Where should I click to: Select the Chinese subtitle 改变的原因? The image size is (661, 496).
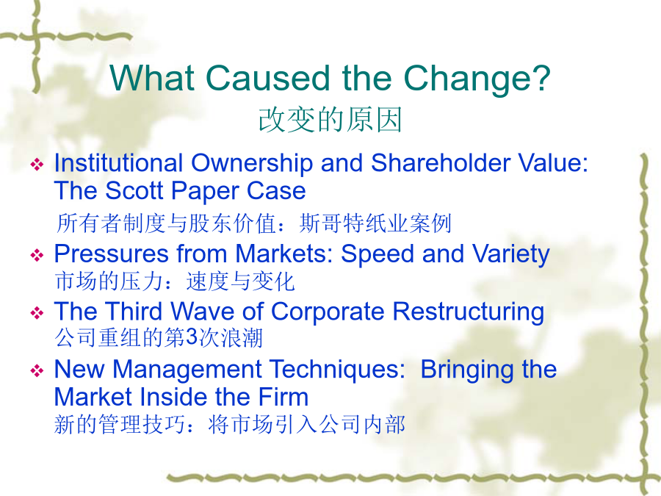tap(330, 121)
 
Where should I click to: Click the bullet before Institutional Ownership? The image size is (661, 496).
tap(37, 164)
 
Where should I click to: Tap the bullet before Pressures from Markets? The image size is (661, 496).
tap(37, 255)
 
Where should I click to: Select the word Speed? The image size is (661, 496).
tap(378, 255)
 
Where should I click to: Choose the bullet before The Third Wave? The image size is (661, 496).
tap(37, 312)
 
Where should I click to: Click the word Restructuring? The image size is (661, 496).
tap(469, 312)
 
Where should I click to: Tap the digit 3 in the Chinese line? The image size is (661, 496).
tap(192, 337)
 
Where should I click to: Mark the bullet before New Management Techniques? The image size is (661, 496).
tap(37, 370)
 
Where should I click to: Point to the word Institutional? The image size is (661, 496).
tap(118, 163)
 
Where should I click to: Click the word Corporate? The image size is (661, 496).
tap(328, 312)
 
